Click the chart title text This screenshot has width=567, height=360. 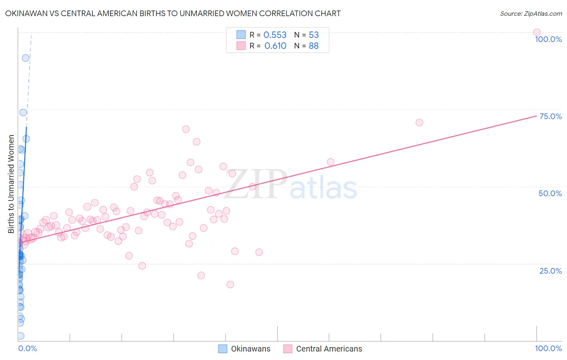(173, 13)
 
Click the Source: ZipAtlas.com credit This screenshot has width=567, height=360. (531, 13)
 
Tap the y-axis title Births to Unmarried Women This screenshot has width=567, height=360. (11, 184)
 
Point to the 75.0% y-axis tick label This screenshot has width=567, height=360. (550, 116)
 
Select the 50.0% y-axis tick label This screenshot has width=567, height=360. (550, 193)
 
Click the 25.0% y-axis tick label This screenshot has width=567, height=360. (550, 271)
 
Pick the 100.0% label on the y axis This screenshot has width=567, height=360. (548, 39)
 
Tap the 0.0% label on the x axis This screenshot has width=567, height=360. (27, 348)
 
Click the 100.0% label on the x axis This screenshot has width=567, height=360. (548, 348)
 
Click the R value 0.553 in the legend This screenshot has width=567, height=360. (275, 35)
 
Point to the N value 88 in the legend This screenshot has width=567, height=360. (314, 46)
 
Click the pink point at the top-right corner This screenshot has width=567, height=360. (536, 32)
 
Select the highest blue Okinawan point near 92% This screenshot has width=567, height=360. (25, 58)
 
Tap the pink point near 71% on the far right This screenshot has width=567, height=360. (419, 122)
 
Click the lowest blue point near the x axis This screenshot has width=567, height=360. (21, 336)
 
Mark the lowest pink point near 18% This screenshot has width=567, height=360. (230, 284)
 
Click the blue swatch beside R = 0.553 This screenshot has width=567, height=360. (241, 35)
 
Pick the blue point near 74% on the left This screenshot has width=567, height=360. (23, 113)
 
